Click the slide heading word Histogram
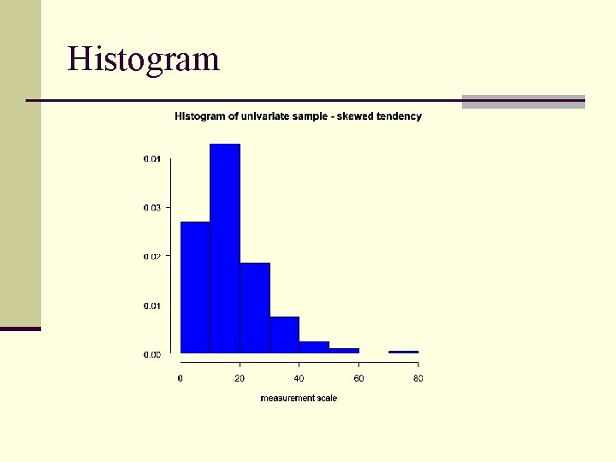(x=144, y=59)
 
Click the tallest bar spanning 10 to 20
(x=225, y=248)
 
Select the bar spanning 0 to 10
(x=195, y=287)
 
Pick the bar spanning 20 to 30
(x=255, y=308)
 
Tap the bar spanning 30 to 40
(x=285, y=335)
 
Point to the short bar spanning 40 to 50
(x=314, y=346)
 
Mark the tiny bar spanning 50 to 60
(x=344, y=350)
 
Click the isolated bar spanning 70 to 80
(x=404, y=352)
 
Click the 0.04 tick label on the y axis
(x=151, y=158)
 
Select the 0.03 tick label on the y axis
(x=151, y=207)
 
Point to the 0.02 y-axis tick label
(x=151, y=256)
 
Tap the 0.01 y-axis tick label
(x=151, y=305)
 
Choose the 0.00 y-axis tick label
(x=151, y=353)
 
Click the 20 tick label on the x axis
(x=240, y=378)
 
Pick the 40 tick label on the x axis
(x=299, y=378)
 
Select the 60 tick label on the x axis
(x=358, y=378)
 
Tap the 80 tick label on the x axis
(x=418, y=378)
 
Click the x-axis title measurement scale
(x=299, y=399)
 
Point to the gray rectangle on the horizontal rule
(x=523, y=102)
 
